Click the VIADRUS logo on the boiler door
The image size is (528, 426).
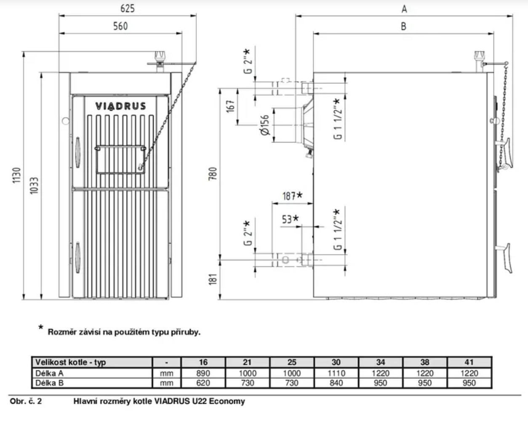(x=120, y=106)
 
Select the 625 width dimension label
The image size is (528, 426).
(x=128, y=8)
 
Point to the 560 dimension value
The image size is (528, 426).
(x=120, y=26)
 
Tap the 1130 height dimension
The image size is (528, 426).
(x=16, y=175)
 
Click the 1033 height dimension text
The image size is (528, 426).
(x=34, y=186)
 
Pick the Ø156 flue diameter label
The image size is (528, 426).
(x=265, y=125)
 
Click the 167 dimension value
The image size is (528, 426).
(x=231, y=106)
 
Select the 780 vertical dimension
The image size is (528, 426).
(x=213, y=174)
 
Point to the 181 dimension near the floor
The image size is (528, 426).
(x=213, y=279)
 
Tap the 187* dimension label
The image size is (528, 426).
(x=293, y=196)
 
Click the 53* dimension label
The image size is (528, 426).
(x=291, y=219)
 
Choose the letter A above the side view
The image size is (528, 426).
(x=404, y=9)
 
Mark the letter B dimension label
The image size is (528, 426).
(x=404, y=26)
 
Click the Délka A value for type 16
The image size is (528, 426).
(x=203, y=373)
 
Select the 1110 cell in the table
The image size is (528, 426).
(x=336, y=373)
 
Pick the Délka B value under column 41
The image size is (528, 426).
(x=469, y=383)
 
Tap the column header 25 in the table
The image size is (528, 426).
(x=292, y=362)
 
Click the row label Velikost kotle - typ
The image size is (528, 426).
(x=71, y=362)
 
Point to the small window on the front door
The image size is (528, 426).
(x=120, y=160)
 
